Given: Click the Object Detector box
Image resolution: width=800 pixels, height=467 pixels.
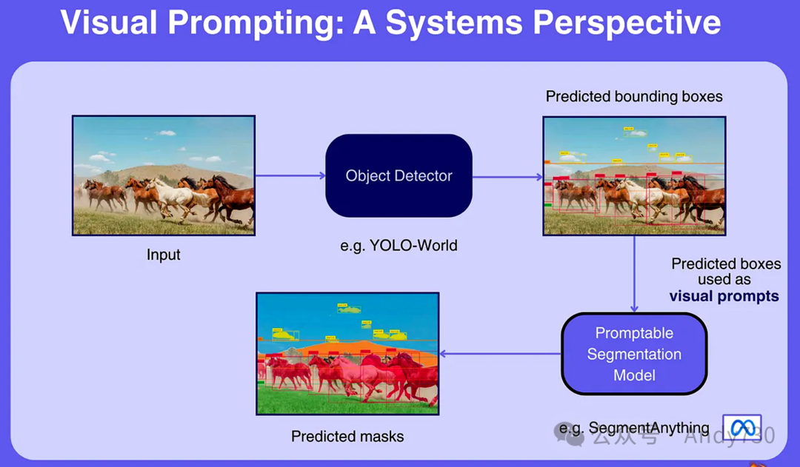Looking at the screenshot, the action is pos(399,176).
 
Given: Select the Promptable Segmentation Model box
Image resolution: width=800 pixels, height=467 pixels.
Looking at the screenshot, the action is pos(634,354).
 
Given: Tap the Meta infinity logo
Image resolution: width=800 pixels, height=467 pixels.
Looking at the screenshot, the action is pos(741,427).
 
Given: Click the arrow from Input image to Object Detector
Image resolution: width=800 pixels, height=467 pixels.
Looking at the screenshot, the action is pos(290,175).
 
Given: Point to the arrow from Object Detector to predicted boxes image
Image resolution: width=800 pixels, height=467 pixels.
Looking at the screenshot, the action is pos(507,177).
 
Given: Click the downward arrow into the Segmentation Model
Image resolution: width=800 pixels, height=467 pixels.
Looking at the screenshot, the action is pos(634,274).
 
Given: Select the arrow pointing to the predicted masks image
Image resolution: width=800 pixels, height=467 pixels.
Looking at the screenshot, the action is pos(500,354).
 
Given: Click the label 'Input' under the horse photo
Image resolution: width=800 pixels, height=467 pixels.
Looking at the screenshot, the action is pos(163,255).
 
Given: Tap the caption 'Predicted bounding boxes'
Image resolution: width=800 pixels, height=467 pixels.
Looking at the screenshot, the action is pos(634,96).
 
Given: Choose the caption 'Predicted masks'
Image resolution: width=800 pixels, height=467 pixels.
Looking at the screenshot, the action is pos(347,436).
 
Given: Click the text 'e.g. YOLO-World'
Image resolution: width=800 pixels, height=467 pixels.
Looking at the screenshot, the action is pos(399,245).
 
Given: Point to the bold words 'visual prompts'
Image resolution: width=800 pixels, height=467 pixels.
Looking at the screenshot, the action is pos(724,296).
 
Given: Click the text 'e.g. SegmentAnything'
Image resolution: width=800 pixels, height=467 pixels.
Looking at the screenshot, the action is pos(634,428).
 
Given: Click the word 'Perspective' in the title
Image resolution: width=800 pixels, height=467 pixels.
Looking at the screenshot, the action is pos(627,23).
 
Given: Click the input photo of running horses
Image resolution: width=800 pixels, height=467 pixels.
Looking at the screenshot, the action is pos(163,175).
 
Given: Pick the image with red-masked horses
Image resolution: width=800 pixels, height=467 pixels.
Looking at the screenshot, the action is pos(347,353).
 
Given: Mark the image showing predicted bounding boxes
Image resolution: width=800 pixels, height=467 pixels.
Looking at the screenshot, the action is pos(633,175).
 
